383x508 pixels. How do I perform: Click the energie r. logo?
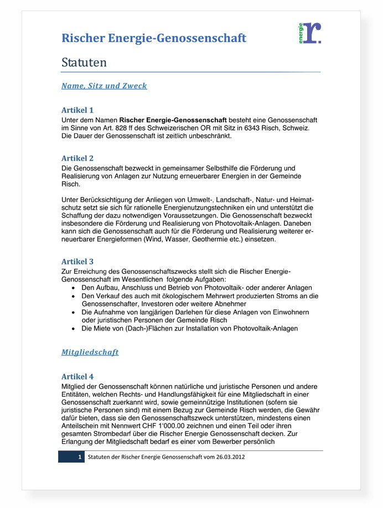[x=309, y=33]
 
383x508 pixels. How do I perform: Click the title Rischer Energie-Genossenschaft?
[x=154, y=38]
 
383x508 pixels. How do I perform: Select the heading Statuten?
[x=84, y=63]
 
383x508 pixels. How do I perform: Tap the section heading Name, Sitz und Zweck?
[x=104, y=86]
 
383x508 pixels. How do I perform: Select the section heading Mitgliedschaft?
[x=90, y=352]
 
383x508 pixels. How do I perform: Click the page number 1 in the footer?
[x=80, y=458]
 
